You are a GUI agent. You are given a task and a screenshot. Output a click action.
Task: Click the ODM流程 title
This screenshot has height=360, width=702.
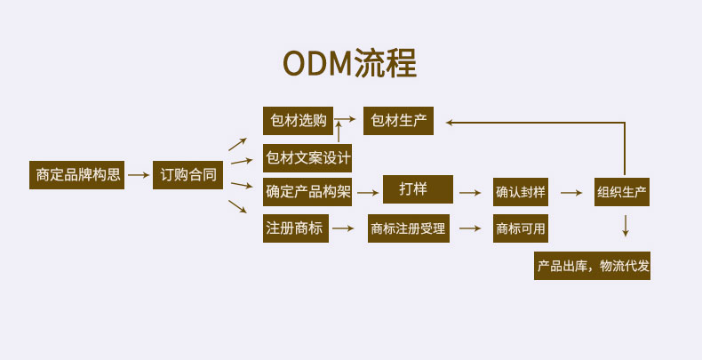tap(349, 63)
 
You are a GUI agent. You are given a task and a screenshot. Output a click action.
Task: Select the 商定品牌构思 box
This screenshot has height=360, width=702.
tap(77, 175)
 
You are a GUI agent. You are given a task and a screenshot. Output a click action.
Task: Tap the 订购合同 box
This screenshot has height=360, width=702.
tap(188, 175)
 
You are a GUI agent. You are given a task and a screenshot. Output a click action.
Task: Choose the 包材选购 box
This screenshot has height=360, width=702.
tap(299, 121)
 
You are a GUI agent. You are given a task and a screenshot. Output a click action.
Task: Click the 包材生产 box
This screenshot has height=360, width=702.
tap(398, 121)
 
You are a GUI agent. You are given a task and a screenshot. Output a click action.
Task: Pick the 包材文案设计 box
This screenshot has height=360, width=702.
tap(307, 158)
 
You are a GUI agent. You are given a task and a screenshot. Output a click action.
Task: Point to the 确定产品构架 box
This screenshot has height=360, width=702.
tap(307, 192)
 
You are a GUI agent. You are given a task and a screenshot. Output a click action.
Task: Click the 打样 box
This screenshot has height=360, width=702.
tap(419, 189)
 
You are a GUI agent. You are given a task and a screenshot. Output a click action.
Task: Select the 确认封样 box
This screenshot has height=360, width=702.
tap(521, 192)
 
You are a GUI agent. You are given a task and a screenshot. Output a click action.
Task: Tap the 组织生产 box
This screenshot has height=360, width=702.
tap(622, 192)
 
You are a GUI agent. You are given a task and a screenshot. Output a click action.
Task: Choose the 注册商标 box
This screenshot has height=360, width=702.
tap(296, 228)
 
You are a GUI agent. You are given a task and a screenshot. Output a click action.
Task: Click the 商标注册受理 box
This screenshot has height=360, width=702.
tap(409, 228)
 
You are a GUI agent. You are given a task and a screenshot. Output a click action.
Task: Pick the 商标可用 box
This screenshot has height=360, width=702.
tap(521, 228)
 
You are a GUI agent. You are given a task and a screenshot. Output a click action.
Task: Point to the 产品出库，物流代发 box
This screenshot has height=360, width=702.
tap(593, 266)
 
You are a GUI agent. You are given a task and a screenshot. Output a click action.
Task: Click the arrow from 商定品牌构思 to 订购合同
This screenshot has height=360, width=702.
tap(139, 175)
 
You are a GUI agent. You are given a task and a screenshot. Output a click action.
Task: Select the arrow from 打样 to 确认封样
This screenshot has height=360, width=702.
tap(470, 193)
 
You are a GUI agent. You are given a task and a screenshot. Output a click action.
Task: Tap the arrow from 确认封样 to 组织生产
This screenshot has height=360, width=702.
tap(571, 193)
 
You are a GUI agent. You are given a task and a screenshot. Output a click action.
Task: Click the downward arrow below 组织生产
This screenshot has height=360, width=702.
tap(626, 226)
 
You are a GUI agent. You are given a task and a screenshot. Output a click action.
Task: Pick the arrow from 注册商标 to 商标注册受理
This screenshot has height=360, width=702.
tap(343, 228)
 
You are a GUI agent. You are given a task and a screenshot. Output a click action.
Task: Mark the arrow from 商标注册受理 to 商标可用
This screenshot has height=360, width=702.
tap(470, 228)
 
